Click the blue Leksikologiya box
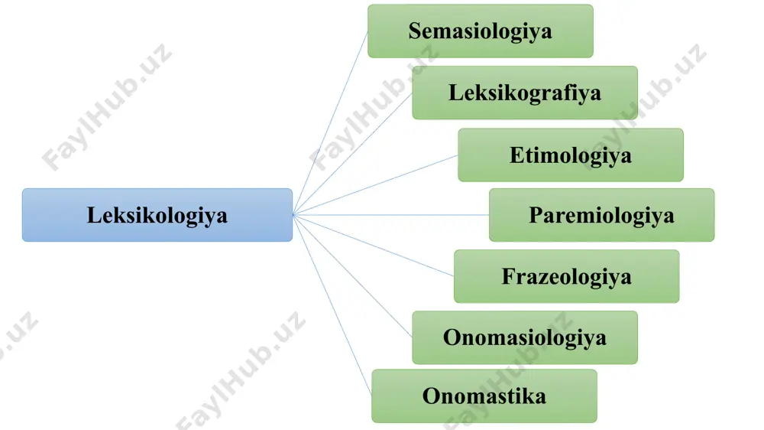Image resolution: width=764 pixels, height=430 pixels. pos(157,215)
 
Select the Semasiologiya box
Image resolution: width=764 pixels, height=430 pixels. pos(481,31)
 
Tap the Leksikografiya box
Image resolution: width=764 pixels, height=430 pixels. pos(525,93)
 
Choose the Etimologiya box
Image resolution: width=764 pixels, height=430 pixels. pos(571,155)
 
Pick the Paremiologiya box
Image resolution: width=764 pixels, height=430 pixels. pos(602,215)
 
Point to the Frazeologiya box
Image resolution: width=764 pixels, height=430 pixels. pos(567,276)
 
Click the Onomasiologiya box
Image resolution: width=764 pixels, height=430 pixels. pos(525,337)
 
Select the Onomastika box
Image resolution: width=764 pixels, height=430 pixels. pos(484,396)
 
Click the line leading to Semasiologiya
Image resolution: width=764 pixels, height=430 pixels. pos(330,123)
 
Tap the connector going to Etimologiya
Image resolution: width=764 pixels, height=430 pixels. pos(376,185)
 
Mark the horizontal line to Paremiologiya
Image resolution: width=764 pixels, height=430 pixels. pos(391,215)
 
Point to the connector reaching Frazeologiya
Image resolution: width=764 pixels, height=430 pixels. pos(374,246)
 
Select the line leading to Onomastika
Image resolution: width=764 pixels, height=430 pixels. pos(332,305)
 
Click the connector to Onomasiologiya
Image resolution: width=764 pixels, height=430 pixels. pos(353,275)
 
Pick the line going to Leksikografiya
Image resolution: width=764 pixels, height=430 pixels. pos(353,154)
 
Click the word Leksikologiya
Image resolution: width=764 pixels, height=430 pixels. pos(157,216)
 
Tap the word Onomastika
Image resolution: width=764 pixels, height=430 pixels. pos(484,396)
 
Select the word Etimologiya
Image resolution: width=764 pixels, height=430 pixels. pos(571,155)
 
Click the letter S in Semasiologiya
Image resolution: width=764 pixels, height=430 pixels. pos(415,31)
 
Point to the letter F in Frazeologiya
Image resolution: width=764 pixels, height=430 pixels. pos(508,276)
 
